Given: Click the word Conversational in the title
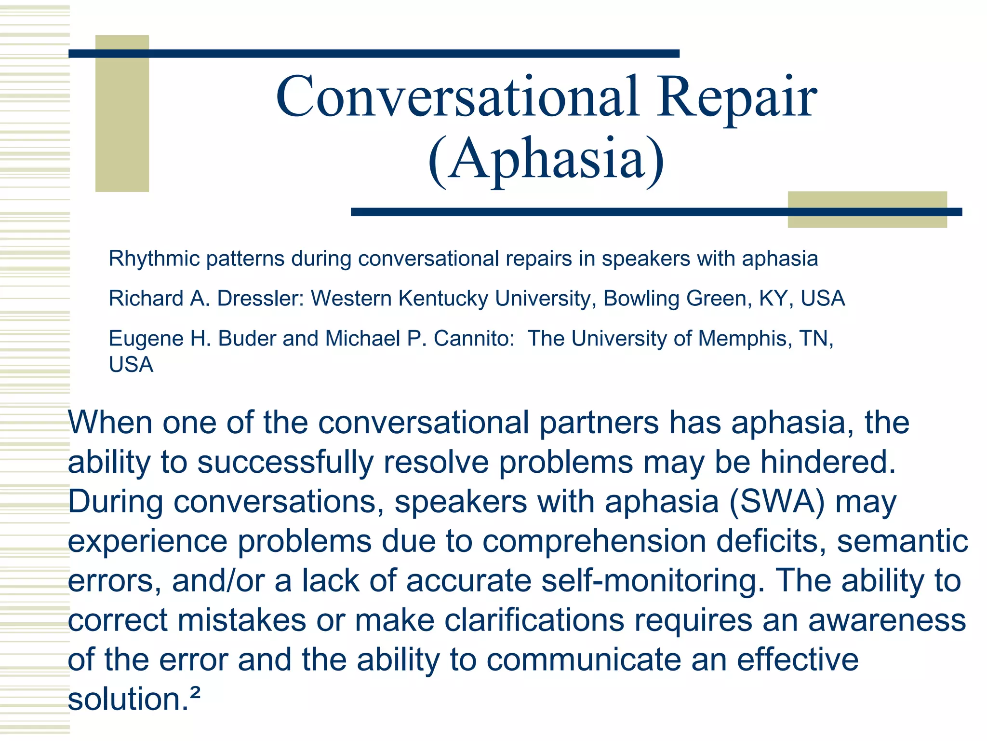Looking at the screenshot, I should click(x=458, y=96).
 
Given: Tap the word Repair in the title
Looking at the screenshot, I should click(x=737, y=99).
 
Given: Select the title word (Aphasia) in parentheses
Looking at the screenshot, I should click(x=546, y=159).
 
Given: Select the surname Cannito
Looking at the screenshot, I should click(x=474, y=339).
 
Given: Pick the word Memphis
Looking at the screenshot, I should click(x=742, y=339).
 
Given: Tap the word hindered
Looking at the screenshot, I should click(x=828, y=462).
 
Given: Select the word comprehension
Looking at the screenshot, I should click(x=594, y=541).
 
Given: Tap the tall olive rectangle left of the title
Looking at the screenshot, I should click(x=122, y=113).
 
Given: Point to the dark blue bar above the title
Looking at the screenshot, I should click(x=373, y=54).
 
